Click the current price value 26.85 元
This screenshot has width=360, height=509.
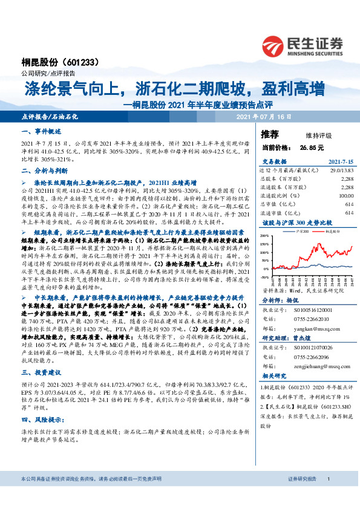[x=310, y=147]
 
